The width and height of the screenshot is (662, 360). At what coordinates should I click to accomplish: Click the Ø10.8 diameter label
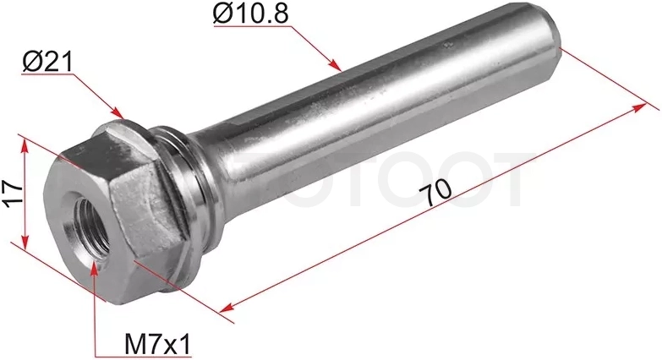tap(251, 13)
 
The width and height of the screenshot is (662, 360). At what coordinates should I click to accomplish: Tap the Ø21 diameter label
tap(47, 62)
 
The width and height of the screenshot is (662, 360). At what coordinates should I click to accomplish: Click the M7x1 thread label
tap(158, 345)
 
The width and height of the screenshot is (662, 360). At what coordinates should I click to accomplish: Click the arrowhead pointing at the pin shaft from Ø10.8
tap(335, 64)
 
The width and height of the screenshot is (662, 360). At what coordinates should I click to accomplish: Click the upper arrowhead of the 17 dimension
tap(25, 145)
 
